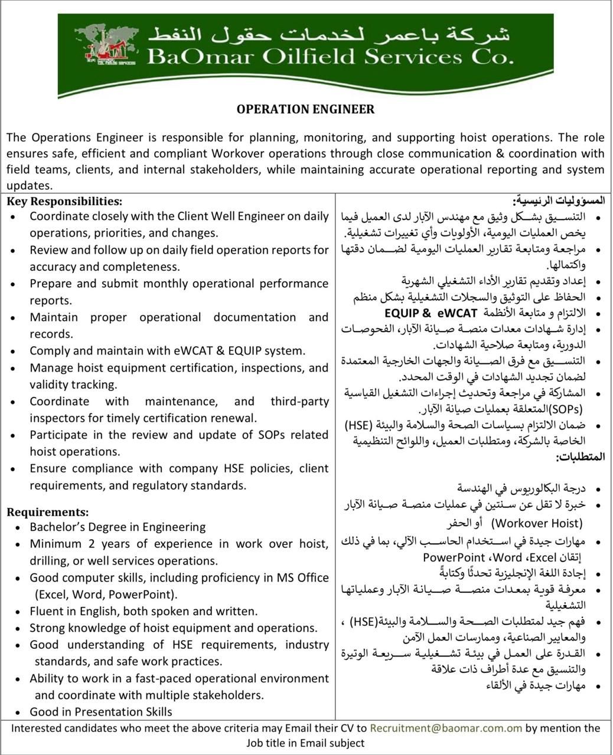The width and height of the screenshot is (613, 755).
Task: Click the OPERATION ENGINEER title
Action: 305,109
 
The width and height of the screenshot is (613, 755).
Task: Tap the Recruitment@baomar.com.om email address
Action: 446,728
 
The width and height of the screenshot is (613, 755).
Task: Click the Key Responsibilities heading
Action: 64,201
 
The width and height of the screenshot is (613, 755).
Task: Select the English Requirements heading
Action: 48,512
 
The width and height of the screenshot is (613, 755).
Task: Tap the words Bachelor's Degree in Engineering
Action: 118,527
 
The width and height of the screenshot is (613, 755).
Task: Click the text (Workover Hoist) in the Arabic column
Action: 537,523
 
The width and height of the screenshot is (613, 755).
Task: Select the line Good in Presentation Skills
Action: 101,711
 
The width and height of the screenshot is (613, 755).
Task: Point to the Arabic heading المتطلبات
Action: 581,457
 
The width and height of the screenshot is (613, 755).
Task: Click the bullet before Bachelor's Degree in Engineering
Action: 19,527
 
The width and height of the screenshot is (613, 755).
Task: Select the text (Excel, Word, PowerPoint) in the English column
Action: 106,594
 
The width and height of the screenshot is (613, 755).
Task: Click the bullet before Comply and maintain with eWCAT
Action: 14,352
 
